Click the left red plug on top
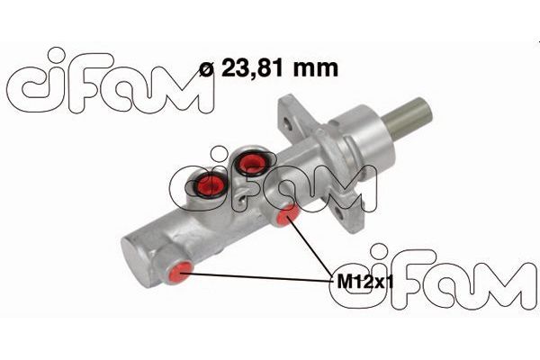point(211,185)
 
